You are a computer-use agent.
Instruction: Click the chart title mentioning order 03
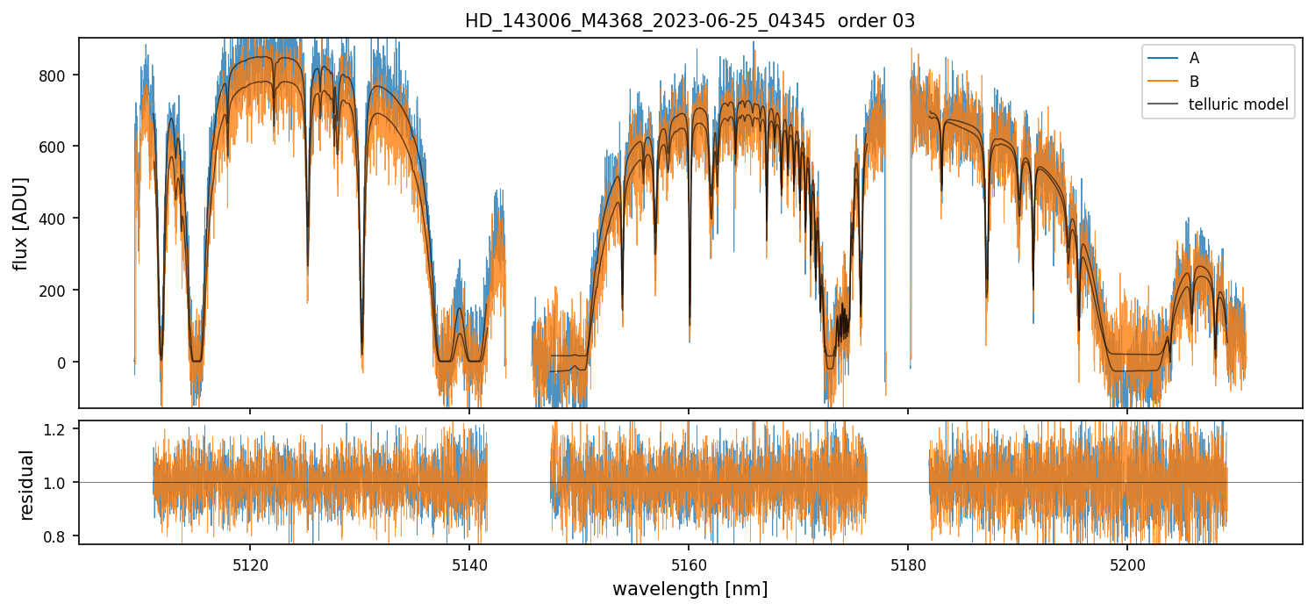coord(690,21)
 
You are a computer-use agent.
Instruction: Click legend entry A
coord(1194,59)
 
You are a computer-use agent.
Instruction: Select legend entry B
coord(1194,82)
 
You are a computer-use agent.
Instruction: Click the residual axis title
coord(26,485)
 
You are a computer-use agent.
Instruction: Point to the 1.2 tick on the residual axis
coord(61,430)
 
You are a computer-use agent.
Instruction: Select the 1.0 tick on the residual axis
coord(61,483)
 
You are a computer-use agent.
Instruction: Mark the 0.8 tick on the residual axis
coord(61,536)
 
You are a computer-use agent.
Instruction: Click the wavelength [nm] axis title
coord(690,589)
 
